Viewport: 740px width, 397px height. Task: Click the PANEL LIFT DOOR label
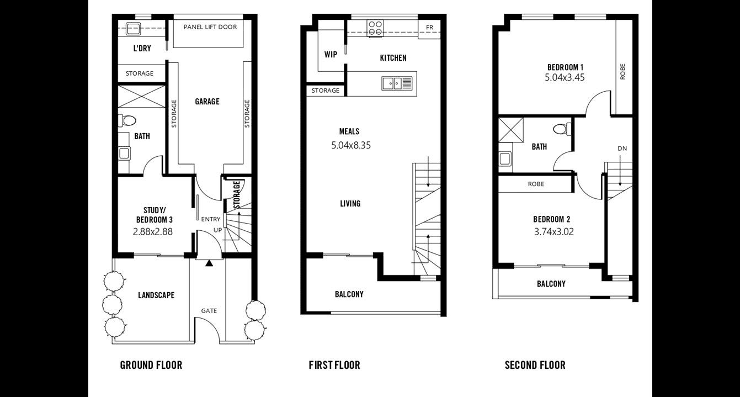pyautogui.click(x=210, y=27)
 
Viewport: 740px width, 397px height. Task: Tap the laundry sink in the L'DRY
pyautogui.click(x=134, y=28)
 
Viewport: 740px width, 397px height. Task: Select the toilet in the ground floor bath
pyautogui.click(x=127, y=120)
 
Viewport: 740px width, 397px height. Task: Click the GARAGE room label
pyautogui.click(x=207, y=102)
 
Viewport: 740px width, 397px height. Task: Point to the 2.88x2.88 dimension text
pyautogui.click(x=153, y=232)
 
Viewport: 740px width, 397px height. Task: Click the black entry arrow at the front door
pyautogui.click(x=209, y=263)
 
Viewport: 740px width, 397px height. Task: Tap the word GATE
pyautogui.click(x=209, y=311)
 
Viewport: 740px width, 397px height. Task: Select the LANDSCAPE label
pyautogui.click(x=156, y=295)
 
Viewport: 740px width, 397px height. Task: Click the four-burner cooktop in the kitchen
pyautogui.click(x=375, y=28)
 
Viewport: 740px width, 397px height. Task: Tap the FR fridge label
pyautogui.click(x=429, y=28)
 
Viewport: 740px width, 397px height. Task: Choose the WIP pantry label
pyautogui.click(x=331, y=55)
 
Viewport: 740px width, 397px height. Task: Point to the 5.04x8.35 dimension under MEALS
pyautogui.click(x=351, y=145)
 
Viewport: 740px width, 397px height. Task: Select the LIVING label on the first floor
pyautogui.click(x=350, y=204)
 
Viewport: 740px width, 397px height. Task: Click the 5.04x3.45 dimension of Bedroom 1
pyautogui.click(x=565, y=78)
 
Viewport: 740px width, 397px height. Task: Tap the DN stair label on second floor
pyautogui.click(x=622, y=149)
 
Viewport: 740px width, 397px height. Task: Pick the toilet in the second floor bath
pyautogui.click(x=562, y=129)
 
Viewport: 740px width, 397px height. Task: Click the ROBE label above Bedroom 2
pyautogui.click(x=536, y=184)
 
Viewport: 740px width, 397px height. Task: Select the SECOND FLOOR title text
pyautogui.click(x=535, y=366)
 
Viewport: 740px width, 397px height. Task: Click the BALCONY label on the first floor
pyautogui.click(x=349, y=294)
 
